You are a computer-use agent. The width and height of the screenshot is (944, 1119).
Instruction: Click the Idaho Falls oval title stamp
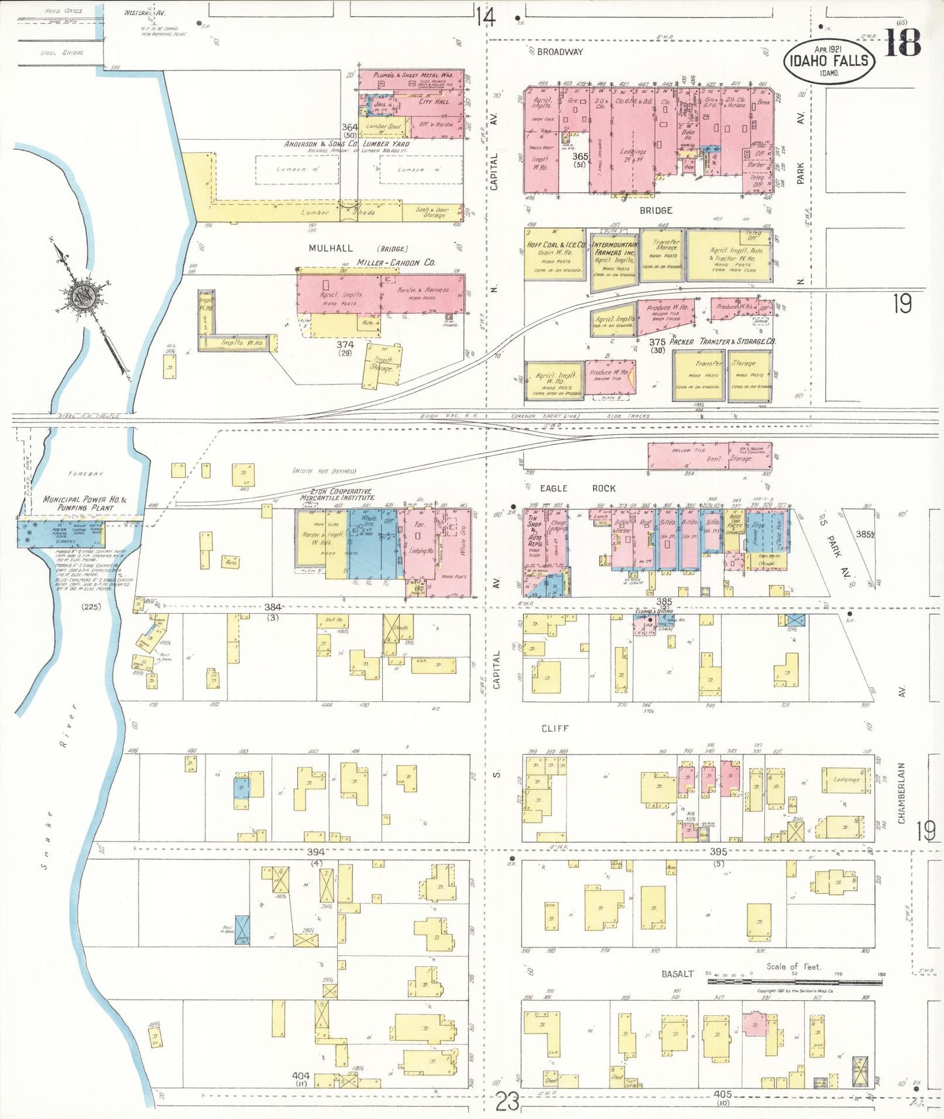[829, 61]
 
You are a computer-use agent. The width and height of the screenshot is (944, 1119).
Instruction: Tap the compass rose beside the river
[84, 296]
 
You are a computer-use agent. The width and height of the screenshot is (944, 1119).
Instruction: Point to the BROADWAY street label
[559, 52]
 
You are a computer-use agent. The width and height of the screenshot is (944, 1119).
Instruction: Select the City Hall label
[434, 101]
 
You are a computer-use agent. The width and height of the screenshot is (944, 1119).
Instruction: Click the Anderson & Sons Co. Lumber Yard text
[346, 144]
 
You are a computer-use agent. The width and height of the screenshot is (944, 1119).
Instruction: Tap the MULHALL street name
[331, 248]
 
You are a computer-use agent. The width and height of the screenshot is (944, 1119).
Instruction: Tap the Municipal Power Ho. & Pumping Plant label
[85, 503]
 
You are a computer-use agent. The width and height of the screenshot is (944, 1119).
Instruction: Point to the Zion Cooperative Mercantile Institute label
[337, 494]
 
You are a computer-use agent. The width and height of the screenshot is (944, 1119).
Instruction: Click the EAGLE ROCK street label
[577, 488]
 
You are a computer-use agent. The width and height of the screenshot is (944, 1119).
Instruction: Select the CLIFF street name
[555, 728]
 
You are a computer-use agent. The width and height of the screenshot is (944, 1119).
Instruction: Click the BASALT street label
[677, 973]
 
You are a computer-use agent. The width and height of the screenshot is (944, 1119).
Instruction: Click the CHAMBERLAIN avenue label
[902, 793]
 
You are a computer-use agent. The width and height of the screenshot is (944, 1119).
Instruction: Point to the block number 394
[316, 852]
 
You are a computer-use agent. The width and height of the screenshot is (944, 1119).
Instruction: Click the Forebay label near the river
[86, 473]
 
